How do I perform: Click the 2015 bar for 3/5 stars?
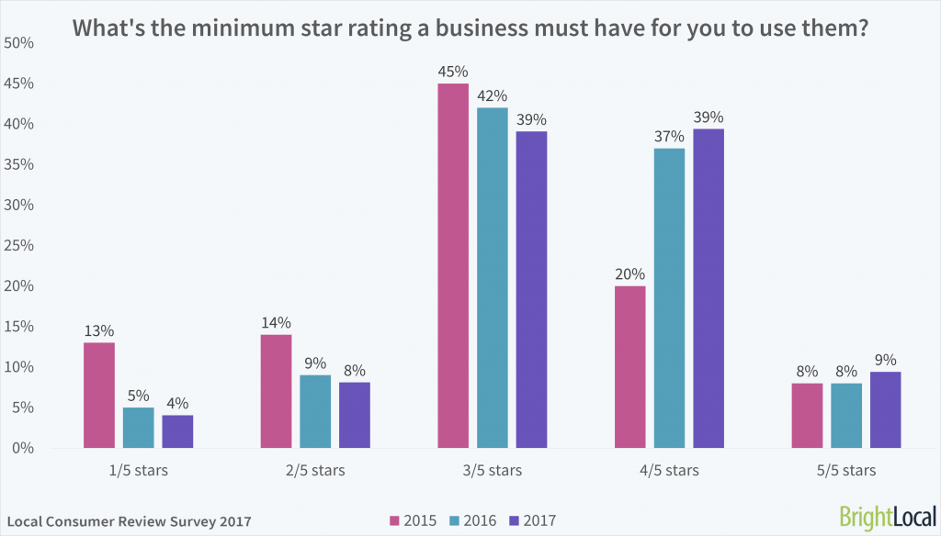[452, 266]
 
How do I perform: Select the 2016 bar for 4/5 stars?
[669, 298]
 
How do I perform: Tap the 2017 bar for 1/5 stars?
[177, 431]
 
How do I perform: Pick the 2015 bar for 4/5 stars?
[629, 367]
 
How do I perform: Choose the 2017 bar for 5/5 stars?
[885, 410]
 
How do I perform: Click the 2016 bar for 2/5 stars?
[315, 411]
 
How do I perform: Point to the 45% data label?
[452, 71]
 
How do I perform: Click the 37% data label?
[669, 136]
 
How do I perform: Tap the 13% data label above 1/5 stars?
[99, 330]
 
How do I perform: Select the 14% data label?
[276, 322]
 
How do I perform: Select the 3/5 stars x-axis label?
[492, 471]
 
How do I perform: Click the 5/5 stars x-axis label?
[845, 471]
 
